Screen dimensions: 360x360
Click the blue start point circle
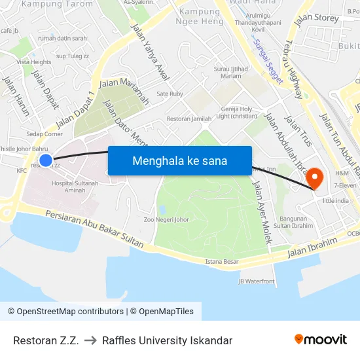tap(45, 160)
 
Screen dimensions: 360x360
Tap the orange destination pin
tap(315, 177)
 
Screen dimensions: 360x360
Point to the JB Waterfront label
tap(257, 281)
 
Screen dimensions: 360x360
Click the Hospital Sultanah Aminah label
tap(75, 187)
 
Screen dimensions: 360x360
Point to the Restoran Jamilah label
tap(189, 118)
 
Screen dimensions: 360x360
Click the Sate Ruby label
tap(170, 94)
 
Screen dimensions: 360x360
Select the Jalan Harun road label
tap(16, 96)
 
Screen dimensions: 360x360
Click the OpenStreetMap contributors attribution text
tap(65, 312)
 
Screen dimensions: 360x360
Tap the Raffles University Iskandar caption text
tap(167, 340)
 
